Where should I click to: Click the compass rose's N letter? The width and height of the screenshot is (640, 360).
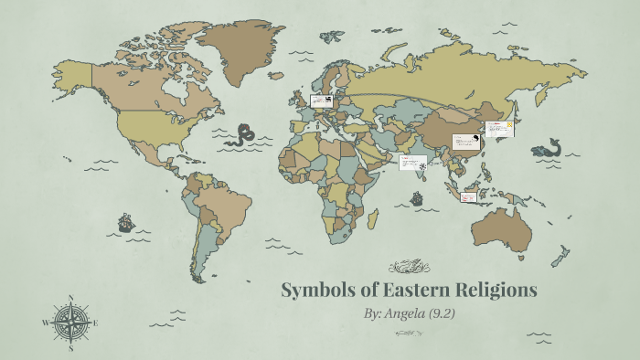70,297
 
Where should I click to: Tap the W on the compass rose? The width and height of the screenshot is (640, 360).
45,323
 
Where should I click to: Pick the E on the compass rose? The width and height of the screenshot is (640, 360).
95,323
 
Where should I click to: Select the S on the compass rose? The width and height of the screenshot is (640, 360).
70,347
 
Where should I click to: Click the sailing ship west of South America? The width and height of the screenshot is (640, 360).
125,222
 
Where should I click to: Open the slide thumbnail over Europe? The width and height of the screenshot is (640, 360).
321,101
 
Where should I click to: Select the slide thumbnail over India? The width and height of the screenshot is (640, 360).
413,163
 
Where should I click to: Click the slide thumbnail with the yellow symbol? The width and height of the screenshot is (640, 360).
498,130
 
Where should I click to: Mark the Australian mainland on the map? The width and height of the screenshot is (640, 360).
501,228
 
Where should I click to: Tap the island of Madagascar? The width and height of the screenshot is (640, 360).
373,218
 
